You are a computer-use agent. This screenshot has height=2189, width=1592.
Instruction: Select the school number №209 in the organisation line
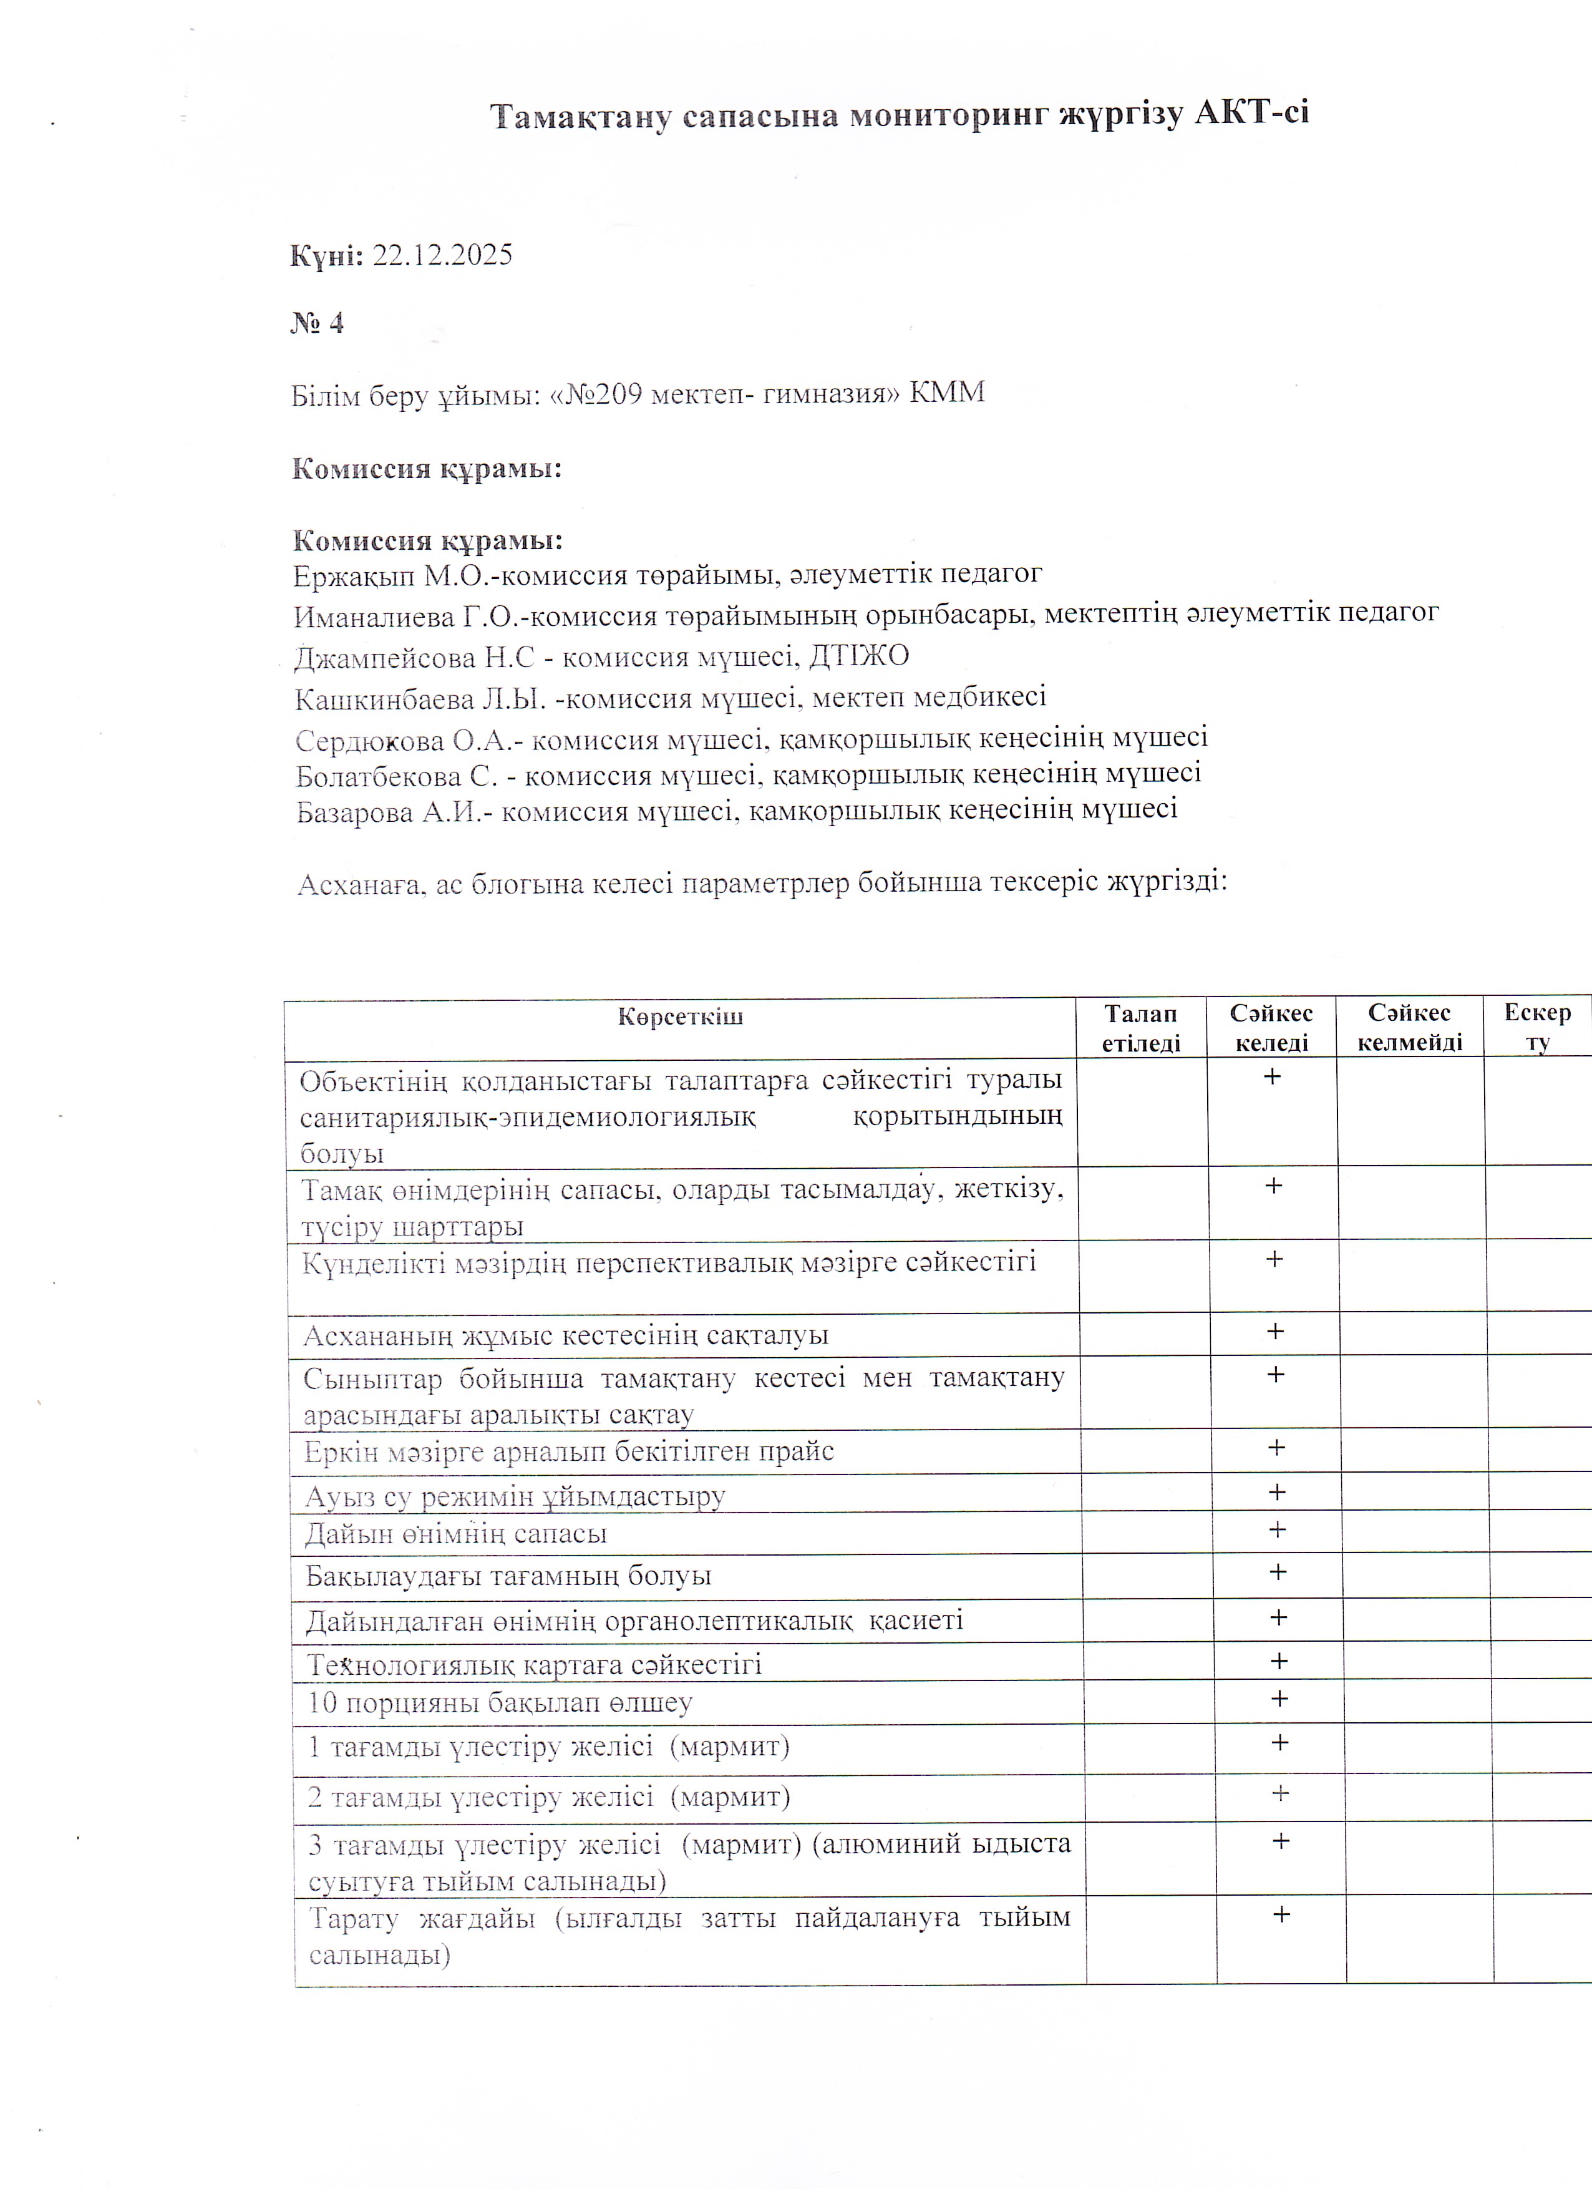click(x=603, y=394)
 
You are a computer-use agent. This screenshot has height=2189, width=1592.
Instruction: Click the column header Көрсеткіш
click(x=680, y=1017)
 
